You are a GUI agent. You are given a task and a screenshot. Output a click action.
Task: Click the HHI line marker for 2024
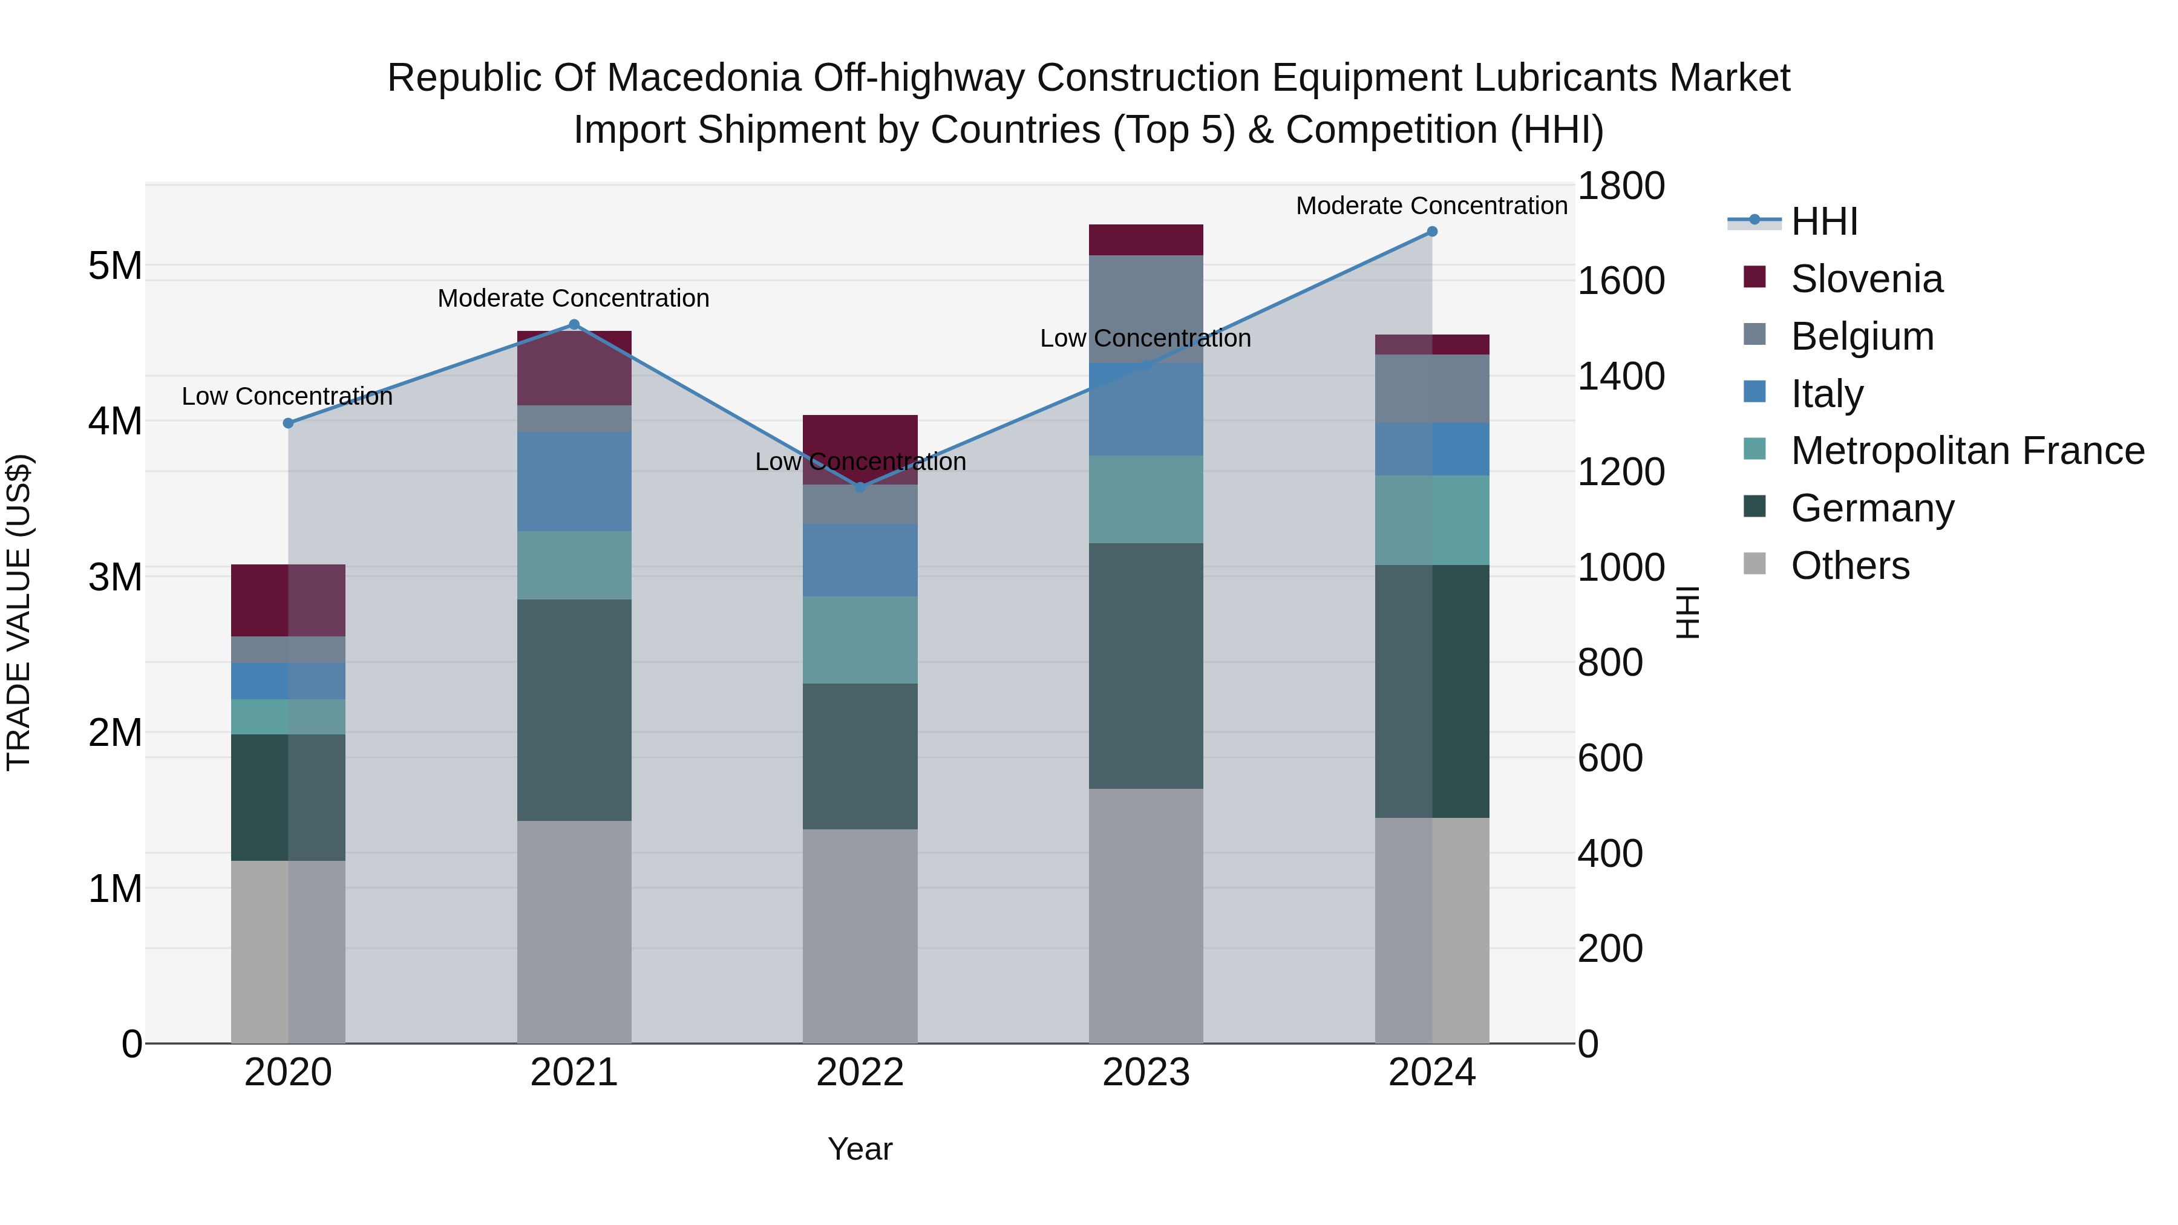point(1431,232)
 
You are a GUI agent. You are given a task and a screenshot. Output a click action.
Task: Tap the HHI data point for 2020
point(289,423)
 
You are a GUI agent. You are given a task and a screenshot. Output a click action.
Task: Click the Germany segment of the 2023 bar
point(1146,665)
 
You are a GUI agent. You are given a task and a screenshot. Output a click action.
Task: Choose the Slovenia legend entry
point(1866,279)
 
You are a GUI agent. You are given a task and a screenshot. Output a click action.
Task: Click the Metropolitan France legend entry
point(1967,451)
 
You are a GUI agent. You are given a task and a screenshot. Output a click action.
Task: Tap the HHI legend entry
point(1823,221)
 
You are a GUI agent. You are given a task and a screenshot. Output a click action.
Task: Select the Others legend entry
point(1849,566)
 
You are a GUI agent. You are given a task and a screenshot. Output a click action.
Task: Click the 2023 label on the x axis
point(1146,1073)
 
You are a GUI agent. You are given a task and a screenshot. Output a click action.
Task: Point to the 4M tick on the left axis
point(115,421)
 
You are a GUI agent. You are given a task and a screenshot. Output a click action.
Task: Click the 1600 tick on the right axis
point(1620,281)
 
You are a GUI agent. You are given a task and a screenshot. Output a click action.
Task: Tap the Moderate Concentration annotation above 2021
point(574,298)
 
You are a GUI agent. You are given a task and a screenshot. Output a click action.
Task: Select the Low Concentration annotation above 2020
point(287,396)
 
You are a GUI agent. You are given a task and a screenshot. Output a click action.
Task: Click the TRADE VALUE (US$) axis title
point(19,612)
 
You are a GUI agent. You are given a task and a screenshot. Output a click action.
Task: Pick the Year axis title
point(860,1149)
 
